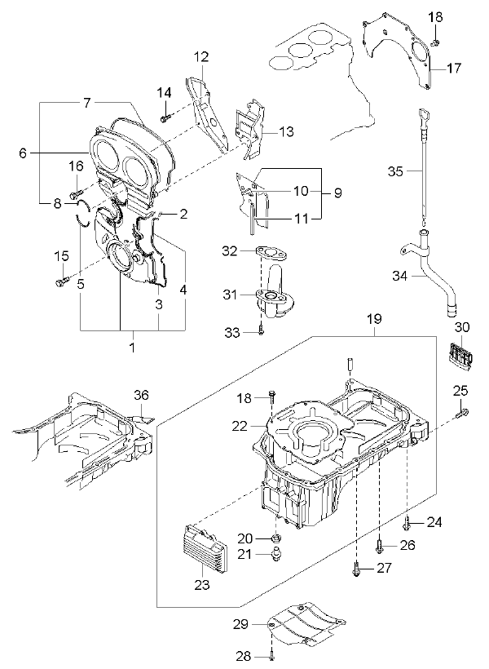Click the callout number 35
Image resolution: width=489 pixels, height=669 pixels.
coord(395,171)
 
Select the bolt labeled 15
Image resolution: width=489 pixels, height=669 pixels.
coord(62,281)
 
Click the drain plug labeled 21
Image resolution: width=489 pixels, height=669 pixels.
coord(276,554)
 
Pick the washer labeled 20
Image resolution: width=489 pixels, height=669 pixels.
coord(276,538)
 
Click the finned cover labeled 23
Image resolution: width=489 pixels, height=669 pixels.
coord(205,549)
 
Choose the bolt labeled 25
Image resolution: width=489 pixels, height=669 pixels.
coord(461,413)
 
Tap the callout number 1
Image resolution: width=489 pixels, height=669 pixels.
coord(132,347)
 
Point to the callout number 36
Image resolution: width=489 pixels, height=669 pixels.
coord(141,395)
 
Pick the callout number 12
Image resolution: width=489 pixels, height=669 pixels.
coord(201,56)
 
